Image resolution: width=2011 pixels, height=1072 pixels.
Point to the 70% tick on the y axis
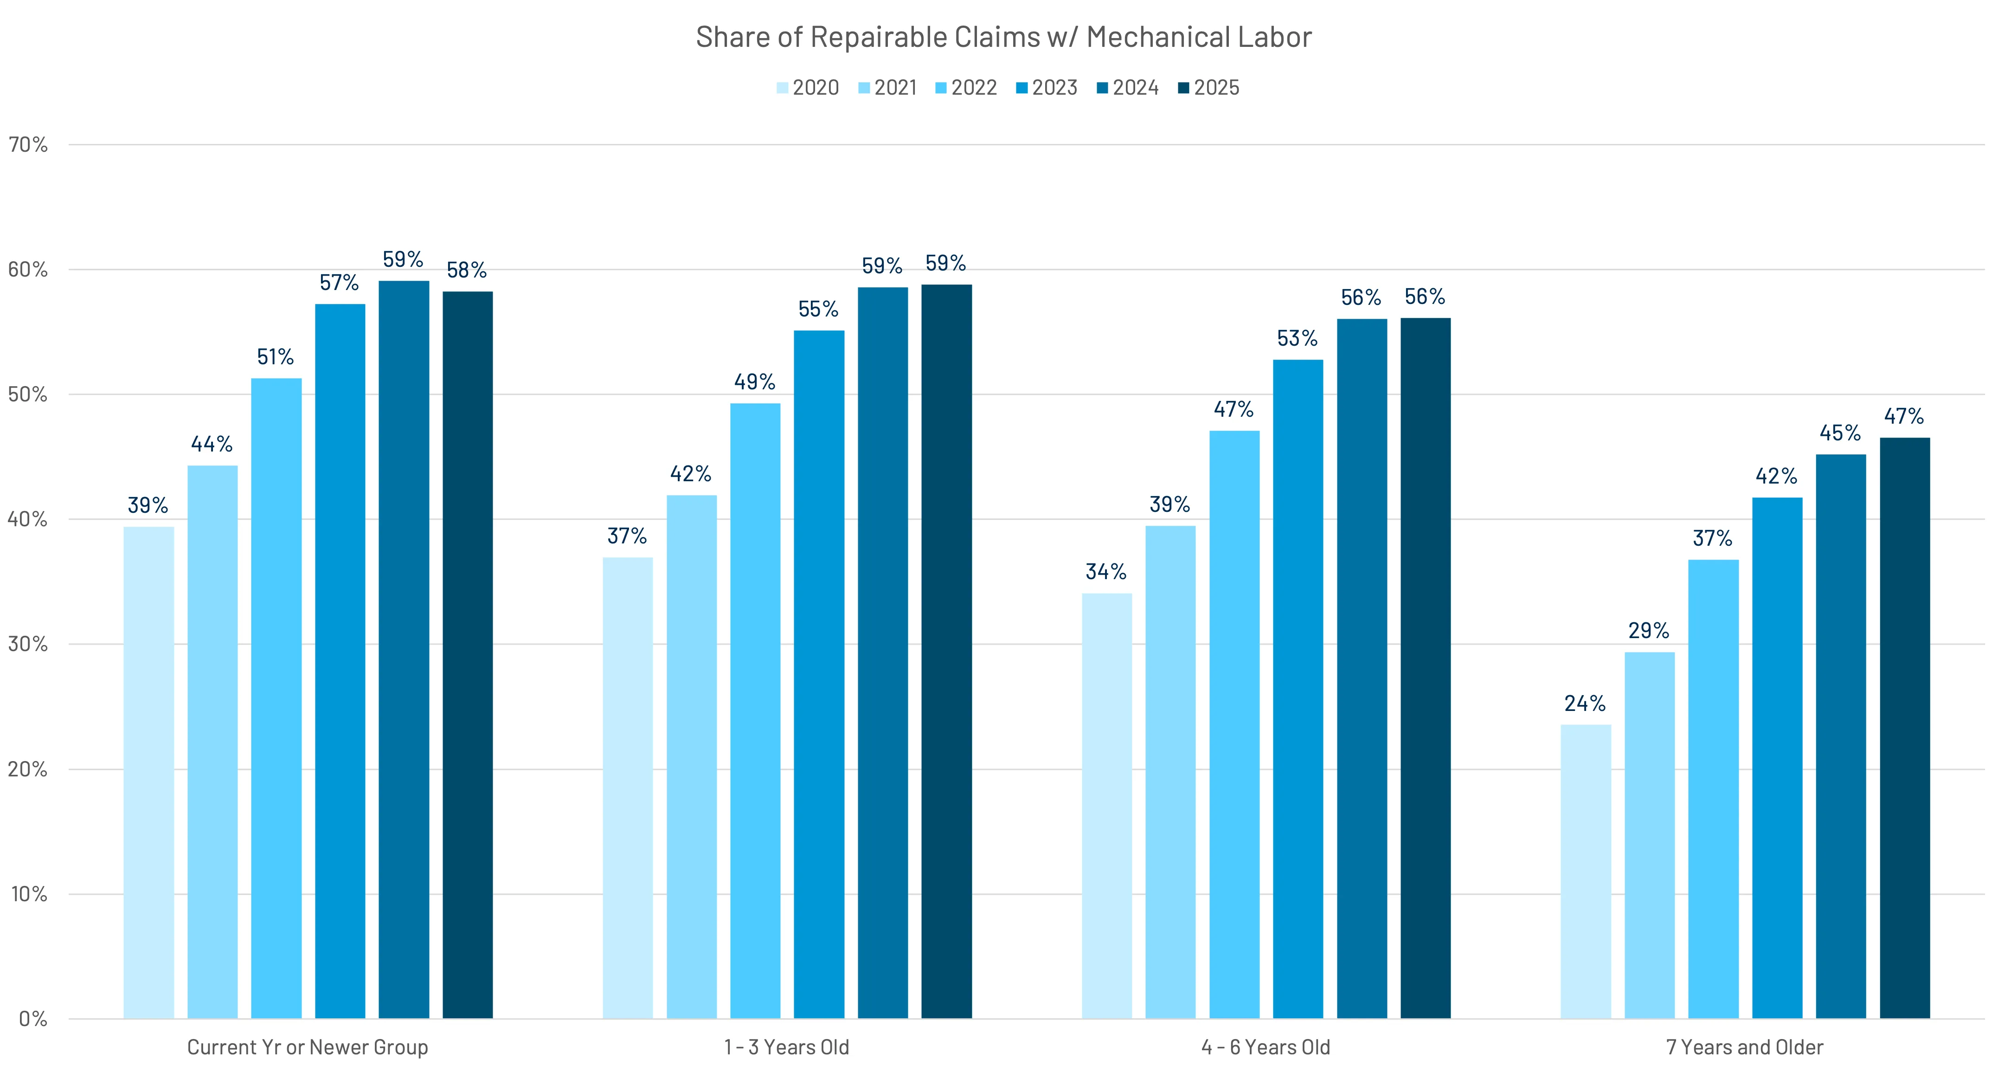(x=28, y=144)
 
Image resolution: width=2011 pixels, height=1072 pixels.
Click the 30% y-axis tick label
(x=28, y=644)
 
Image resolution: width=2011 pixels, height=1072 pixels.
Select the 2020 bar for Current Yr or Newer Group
(x=148, y=773)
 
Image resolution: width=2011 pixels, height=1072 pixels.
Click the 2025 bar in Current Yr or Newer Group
(x=468, y=656)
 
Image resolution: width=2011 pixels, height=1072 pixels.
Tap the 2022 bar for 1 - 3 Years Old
(x=755, y=710)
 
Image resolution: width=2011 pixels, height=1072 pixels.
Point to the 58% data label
(x=467, y=270)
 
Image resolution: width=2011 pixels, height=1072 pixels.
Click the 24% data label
(x=1585, y=704)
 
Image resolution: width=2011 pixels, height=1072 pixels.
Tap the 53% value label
(x=1298, y=338)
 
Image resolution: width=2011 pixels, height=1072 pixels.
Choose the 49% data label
(x=755, y=382)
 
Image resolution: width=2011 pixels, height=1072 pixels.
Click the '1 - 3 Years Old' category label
(x=786, y=1047)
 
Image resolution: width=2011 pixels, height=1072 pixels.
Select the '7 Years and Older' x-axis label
(x=1745, y=1047)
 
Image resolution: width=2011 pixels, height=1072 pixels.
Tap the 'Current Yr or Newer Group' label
(x=308, y=1047)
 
